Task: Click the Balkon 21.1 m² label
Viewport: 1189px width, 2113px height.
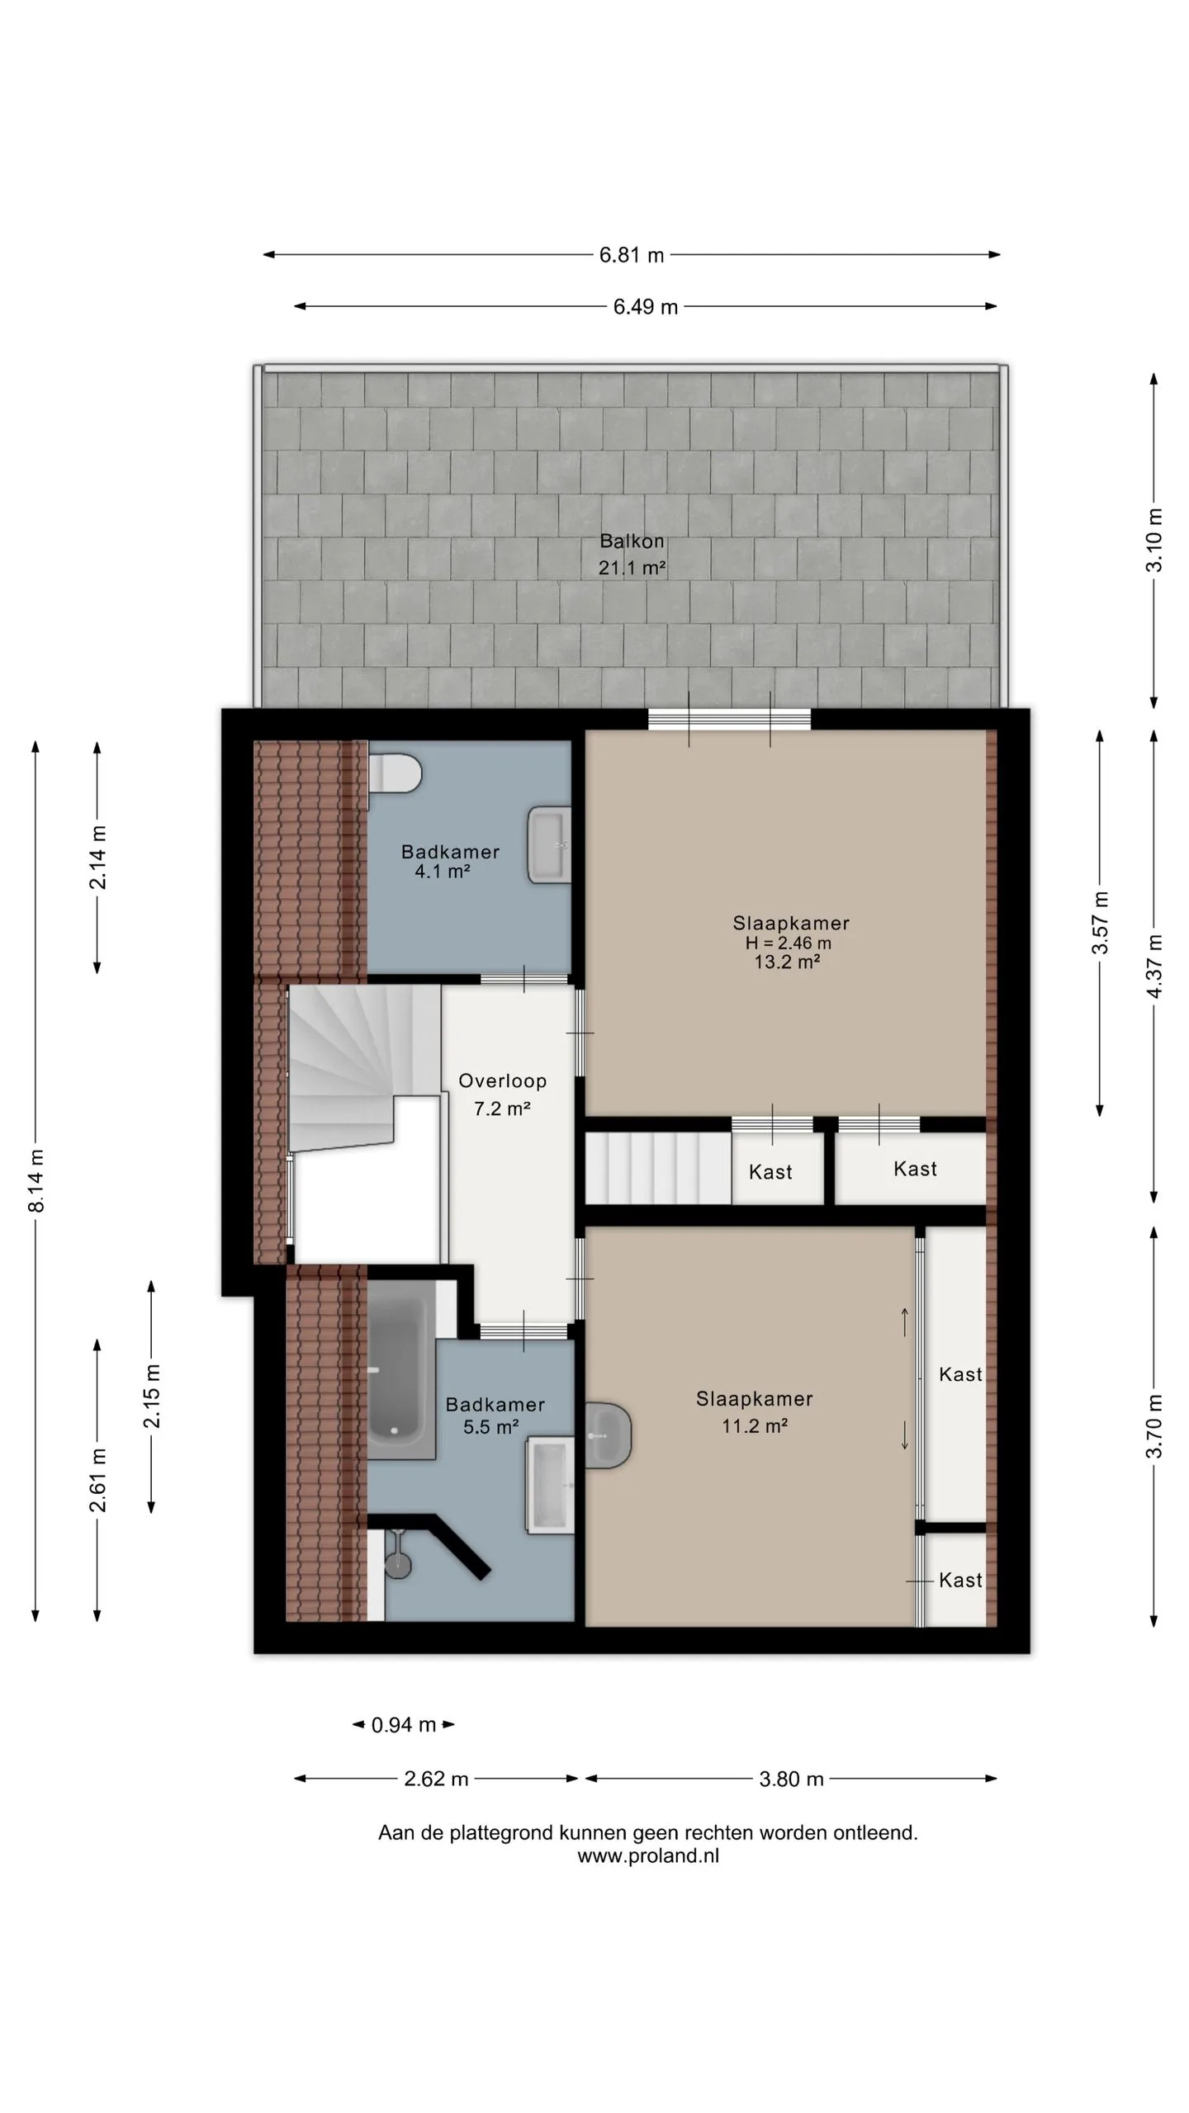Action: click(x=632, y=554)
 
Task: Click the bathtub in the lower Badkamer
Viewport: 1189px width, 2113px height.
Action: click(x=400, y=1369)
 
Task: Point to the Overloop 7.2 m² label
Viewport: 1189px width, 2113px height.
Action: click(x=502, y=1094)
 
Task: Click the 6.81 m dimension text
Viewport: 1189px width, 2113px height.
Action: click(x=632, y=255)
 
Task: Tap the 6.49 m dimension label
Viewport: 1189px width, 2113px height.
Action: click(x=646, y=307)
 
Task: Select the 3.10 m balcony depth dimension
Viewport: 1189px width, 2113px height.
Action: click(x=1154, y=541)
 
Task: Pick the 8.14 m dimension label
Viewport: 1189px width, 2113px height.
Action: click(x=36, y=1181)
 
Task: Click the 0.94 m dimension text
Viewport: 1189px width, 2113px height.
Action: click(x=404, y=1724)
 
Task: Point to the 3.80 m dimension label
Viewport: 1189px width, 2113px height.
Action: click(x=791, y=1779)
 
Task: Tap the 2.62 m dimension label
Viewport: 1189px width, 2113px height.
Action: click(x=436, y=1779)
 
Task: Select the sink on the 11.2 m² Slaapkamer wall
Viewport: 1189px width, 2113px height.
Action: click(x=609, y=1435)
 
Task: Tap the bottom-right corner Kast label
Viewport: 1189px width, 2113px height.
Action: click(x=960, y=1580)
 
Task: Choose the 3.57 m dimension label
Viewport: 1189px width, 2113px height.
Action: click(x=1101, y=923)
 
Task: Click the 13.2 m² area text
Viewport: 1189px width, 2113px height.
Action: click(x=787, y=962)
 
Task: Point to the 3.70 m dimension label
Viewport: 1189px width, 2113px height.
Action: click(x=1154, y=1426)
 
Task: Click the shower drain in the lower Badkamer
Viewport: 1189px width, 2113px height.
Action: click(x=398, y=1562)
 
